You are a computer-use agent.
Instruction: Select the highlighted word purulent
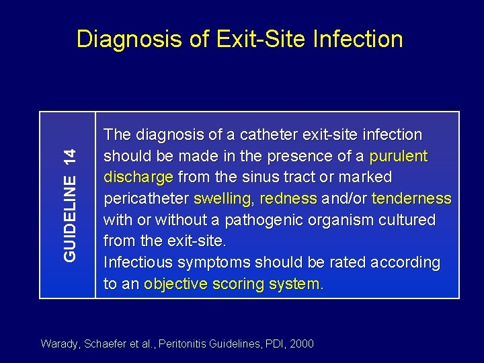(399, 157)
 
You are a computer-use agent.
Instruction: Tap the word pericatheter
(146, 199)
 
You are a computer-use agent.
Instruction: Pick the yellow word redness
(288, 199)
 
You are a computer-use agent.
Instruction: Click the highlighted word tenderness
(411, 199)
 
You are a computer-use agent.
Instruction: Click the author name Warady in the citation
(61, 344)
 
